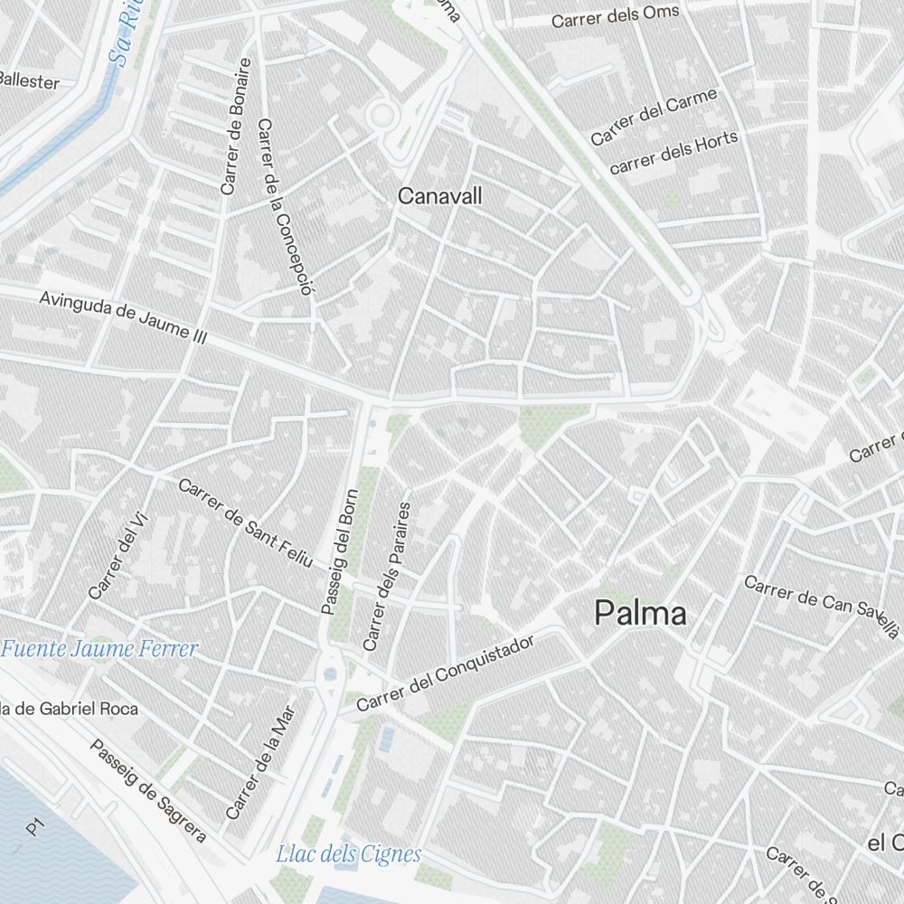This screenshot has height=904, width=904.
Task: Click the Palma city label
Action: tap(640, 614)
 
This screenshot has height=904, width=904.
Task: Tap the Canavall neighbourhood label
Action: tap(440, 195)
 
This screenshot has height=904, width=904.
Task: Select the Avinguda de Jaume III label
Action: tap(124, 317)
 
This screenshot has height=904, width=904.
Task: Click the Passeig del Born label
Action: tap(340, 551)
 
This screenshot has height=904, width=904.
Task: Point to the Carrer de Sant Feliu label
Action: tap(245, 523)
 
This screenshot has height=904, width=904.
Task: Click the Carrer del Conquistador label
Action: tap(446, 673)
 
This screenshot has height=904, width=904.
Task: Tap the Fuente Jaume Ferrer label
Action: tap(99, 648)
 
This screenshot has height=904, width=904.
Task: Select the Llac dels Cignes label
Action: tap(348, 853)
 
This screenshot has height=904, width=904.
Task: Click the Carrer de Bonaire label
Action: tap(235, 127)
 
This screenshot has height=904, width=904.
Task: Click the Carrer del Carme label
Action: tap(654, 117)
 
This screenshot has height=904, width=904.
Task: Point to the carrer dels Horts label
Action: tap(673, 153)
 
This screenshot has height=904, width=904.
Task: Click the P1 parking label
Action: tap(35, 826)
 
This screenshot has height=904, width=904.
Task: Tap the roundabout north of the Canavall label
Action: tap(382, 115)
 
